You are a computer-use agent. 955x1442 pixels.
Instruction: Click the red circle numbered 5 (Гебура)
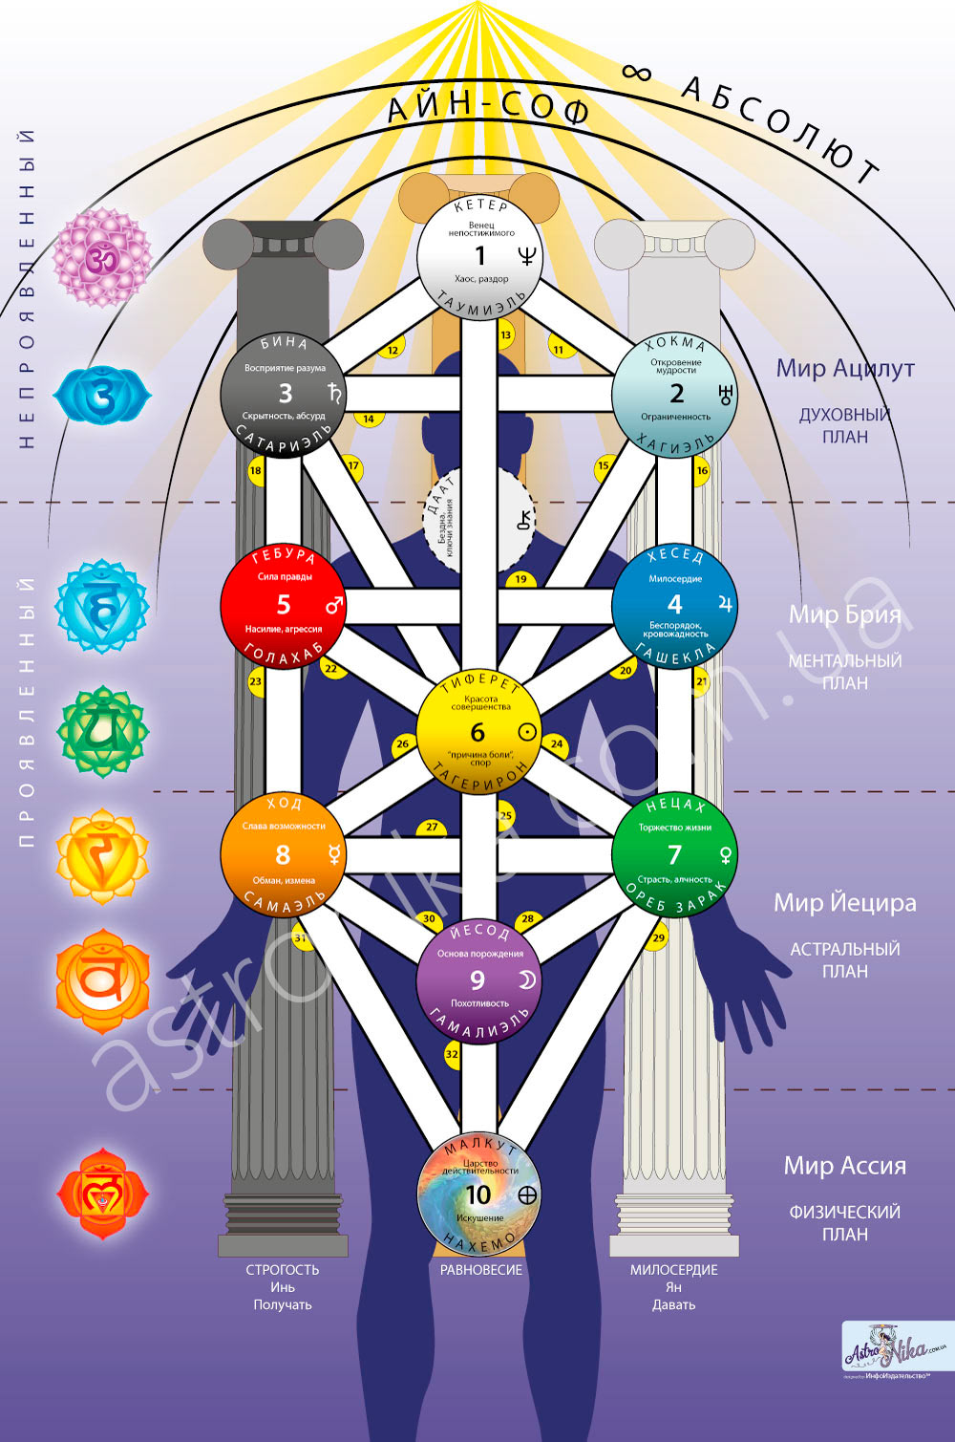(283, 606)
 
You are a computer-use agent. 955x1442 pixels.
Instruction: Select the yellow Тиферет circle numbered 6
(478, 733)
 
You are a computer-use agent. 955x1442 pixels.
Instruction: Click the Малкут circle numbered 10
(478, 1194)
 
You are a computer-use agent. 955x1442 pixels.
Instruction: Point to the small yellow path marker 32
(453, 1055)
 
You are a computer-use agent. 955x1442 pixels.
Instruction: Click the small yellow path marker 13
(506, 334)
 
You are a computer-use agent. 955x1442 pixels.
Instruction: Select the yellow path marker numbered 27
(432, 828)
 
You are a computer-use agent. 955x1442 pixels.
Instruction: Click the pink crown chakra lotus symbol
(100, 257)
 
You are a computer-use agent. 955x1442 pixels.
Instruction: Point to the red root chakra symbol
(102, 1194)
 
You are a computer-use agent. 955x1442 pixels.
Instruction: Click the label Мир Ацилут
(845, 369)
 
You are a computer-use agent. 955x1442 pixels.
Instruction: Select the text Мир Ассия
(845, 1166)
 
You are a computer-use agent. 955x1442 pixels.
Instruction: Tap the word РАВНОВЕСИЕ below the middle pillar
(481, 1270)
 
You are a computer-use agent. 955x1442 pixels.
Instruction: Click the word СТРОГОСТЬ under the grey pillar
(283, 1270)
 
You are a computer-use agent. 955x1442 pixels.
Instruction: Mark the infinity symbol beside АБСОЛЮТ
(636, 72)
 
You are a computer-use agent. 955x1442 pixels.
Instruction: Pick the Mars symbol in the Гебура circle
(333, 606)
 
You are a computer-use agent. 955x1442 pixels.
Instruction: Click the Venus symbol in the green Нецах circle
(726, 855)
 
